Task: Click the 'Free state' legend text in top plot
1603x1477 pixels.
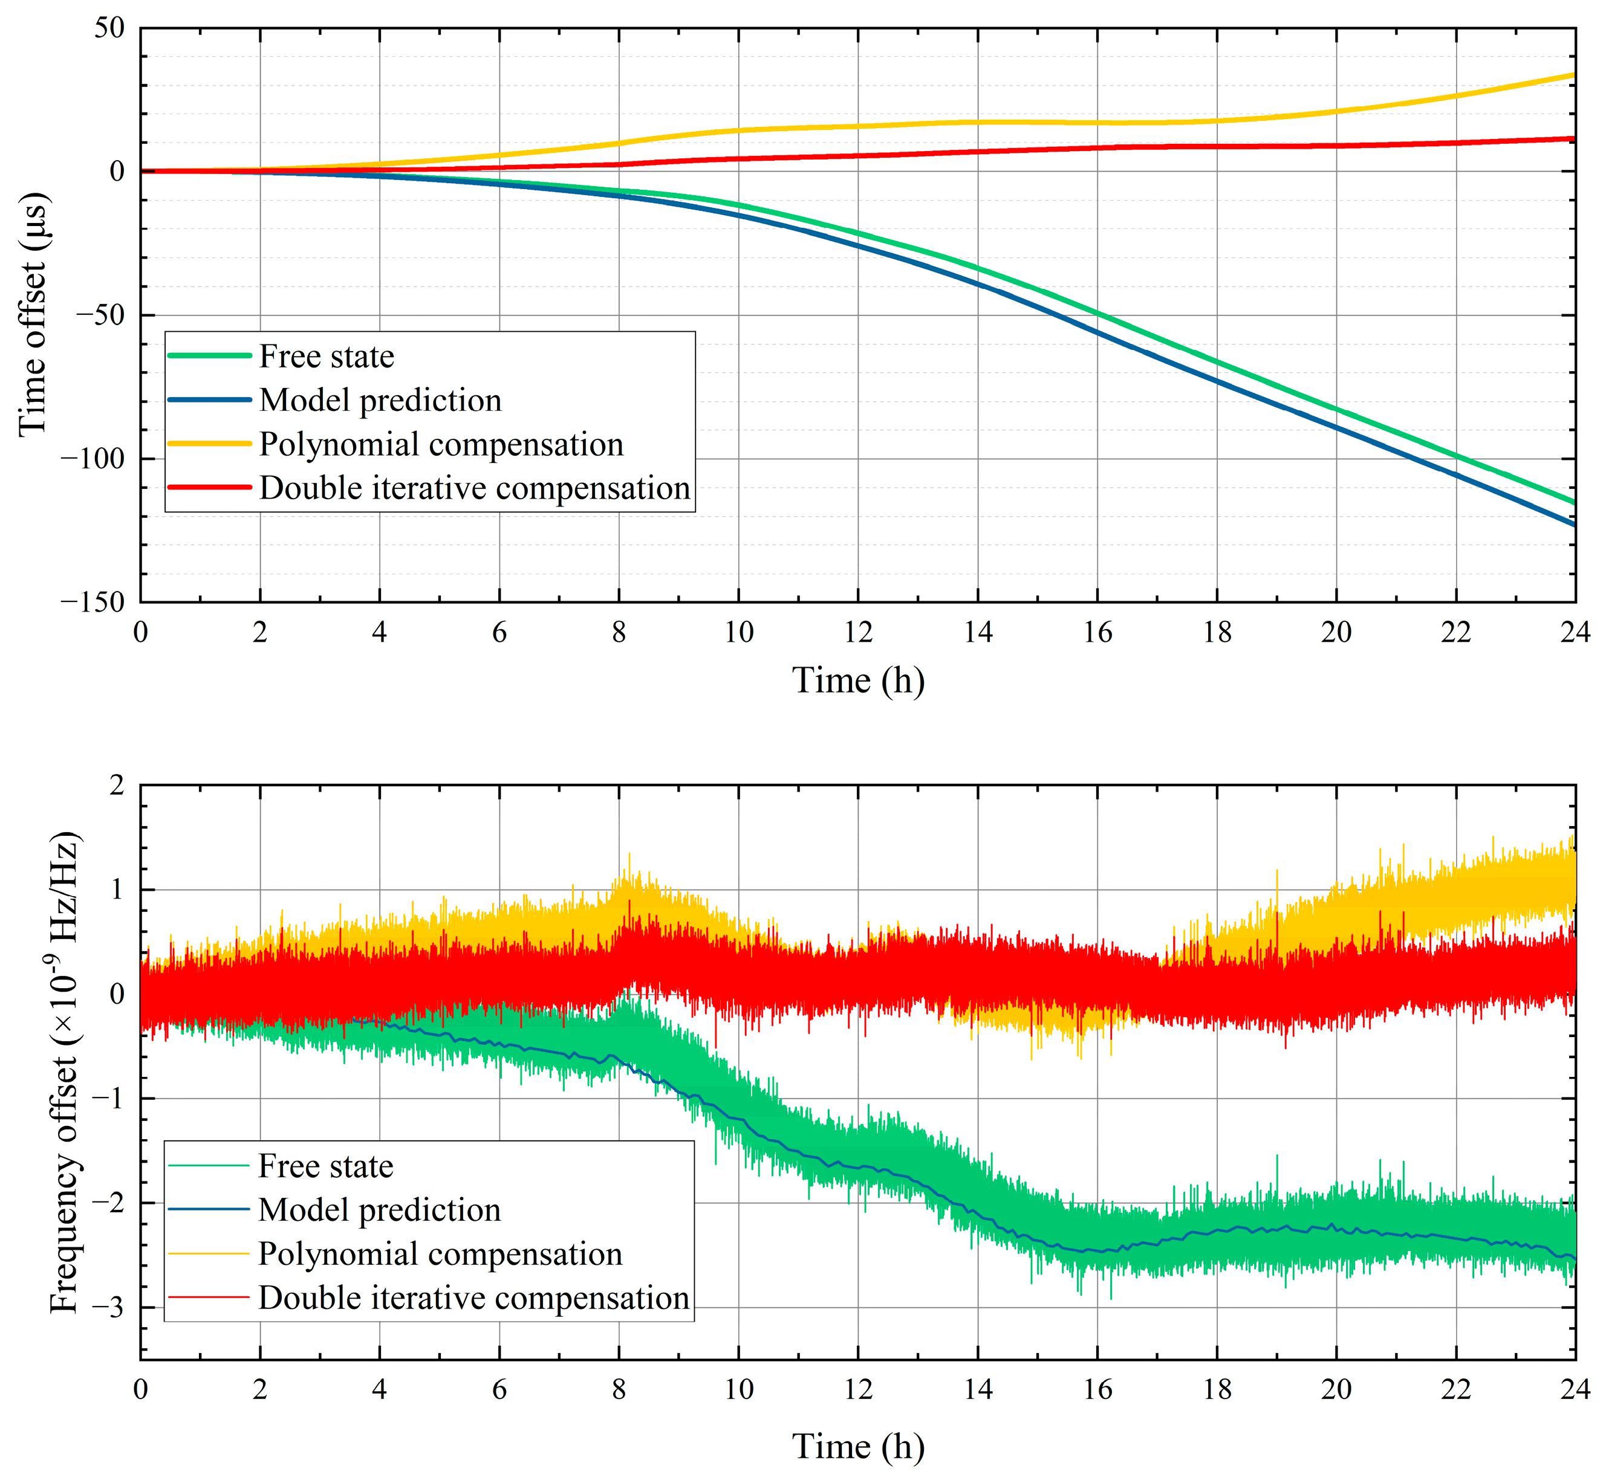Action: coord(326,357)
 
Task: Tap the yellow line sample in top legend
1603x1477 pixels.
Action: coord(209,444)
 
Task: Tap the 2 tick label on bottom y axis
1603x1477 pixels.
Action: coord(117,785)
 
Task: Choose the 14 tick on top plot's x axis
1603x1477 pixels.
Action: coord(977,632)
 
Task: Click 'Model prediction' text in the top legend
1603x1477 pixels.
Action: coord(380,399)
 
